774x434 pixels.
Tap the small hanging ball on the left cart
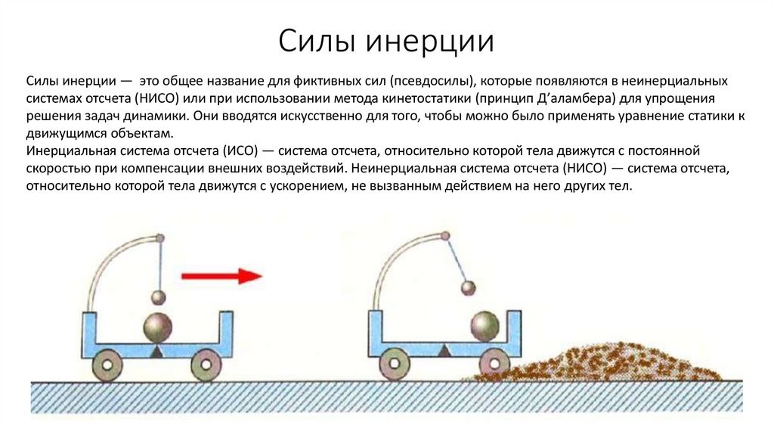tap(159, 297)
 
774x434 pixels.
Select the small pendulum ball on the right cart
tap(469, 287)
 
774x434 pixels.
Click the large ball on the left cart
tap(159, 327)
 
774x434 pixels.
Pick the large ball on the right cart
tap(485, 326)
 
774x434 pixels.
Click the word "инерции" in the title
tap(431, 41)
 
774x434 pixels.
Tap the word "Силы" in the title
tap(317, 41)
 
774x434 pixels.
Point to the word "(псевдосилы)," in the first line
tap(428, 80)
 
